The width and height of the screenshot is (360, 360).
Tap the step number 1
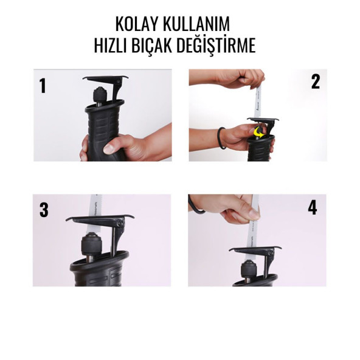pyautogui.click(x=43, y=86)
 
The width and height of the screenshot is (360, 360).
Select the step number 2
pyautogui.click(x=315, y=82)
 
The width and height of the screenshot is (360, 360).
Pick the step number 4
pyautogui.click(x=313, y=208)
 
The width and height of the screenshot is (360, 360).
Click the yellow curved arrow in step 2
pyautogui.click(x=261, y=130)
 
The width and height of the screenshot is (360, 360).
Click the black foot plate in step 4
pyautogui.click(x=255, y=249)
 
